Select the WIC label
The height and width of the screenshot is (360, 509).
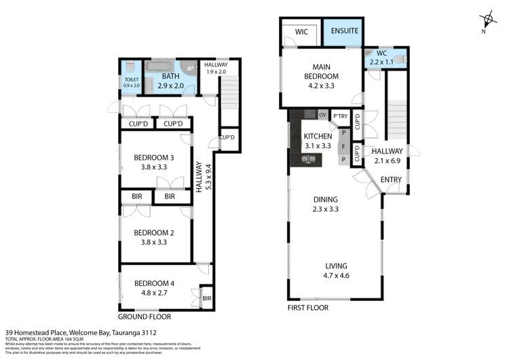301,31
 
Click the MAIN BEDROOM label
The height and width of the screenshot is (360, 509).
320,72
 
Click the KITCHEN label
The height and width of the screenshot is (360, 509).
317,141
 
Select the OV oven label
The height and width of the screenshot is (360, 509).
322,114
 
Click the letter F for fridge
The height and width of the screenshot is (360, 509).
344,146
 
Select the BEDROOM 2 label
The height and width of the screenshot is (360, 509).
153,237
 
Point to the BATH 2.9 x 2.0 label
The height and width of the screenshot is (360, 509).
171,82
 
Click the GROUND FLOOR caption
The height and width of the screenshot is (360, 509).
145,317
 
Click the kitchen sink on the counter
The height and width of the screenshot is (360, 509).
309,160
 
